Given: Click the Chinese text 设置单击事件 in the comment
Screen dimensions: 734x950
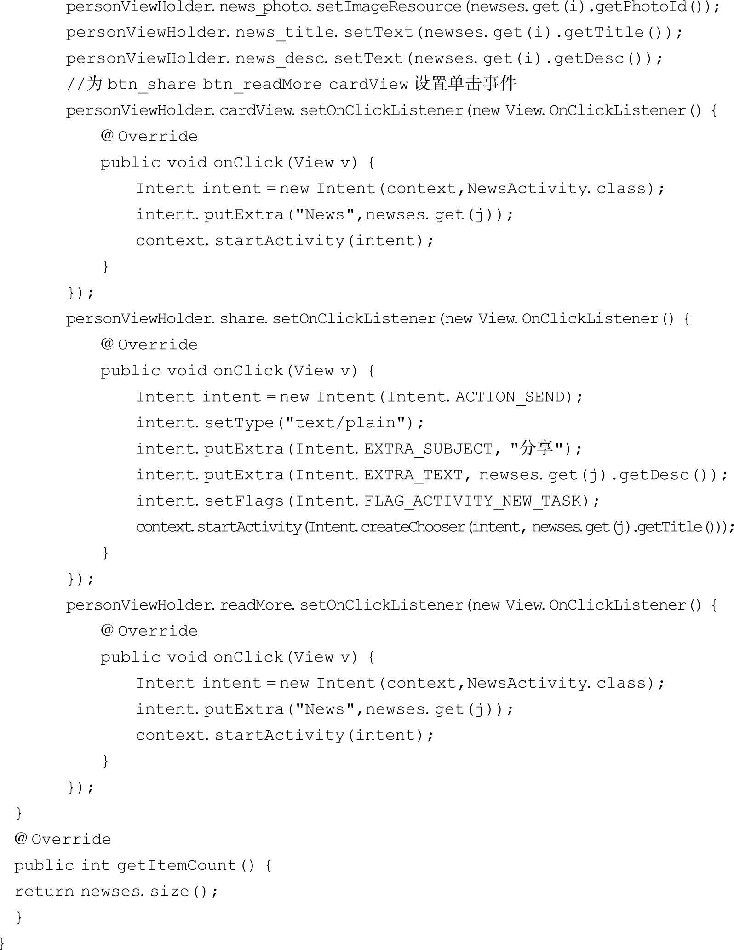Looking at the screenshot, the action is coord(464,84).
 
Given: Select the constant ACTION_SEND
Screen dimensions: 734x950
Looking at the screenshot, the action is coord(510,397).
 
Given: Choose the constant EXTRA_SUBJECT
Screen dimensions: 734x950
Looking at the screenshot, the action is coord(428,449).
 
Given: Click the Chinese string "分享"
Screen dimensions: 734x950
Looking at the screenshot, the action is coord(536,448).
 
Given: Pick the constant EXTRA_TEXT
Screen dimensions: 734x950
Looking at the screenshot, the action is coord(413,475).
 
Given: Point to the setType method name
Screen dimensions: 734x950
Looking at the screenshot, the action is coord(239,423).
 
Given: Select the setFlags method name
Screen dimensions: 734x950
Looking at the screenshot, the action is coord(244,501).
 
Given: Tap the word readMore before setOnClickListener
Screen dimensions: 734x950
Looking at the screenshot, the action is coord(256,605).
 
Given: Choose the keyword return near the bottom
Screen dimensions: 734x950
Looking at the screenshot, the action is coord(44,892).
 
